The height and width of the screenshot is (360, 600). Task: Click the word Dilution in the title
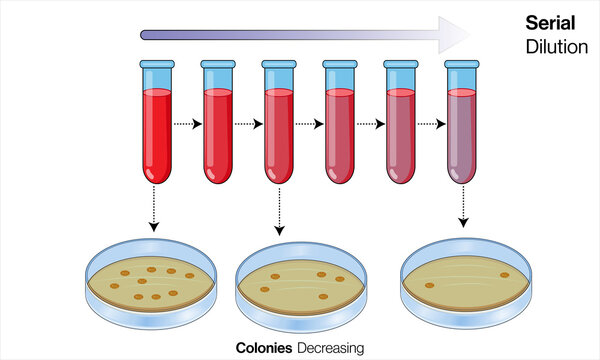point(553,46)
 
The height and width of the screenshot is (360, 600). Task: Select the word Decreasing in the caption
point(331,348)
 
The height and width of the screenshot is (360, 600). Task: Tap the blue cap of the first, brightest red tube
point(155,66)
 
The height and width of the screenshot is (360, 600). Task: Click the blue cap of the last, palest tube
point(462,66)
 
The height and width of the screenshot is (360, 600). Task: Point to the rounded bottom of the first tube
point(155,178)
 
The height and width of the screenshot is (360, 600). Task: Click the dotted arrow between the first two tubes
point(186,125)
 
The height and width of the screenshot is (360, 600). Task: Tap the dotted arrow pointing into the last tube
point(431,125)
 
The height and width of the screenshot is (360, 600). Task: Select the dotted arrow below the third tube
point(278,210)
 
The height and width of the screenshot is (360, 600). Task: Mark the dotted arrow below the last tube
point(462,207)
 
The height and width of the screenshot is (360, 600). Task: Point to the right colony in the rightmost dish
point(504,275)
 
